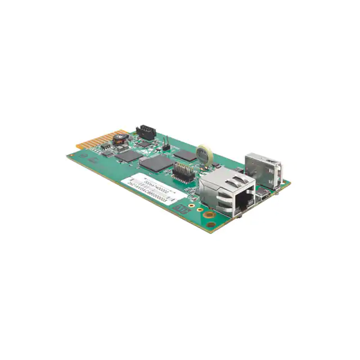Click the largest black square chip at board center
[157, 164]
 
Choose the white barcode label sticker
[152, 189]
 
